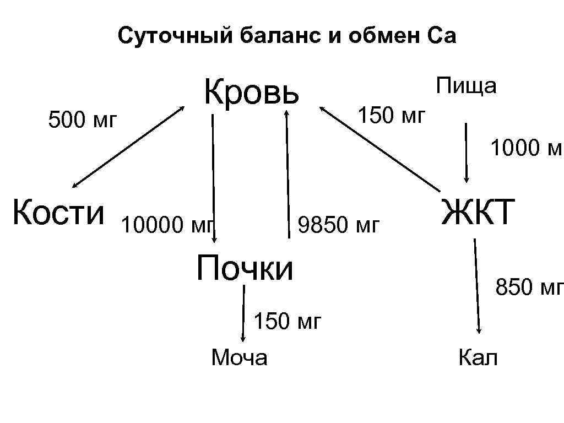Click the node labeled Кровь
click(x=252, y=92)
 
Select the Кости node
click(x=58, y=212)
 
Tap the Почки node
click(x=245, y=267)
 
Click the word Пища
click(x=467, y=86)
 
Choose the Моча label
click(x=240, y=357)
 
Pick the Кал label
click(x=478, y=357)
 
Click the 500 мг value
click(x=83, y=120)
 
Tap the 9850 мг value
click(x=338, y=225)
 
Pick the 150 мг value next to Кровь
click(x=392, y=116)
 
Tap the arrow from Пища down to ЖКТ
click(x=467, y=152)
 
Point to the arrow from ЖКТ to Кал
click(x=477, y=286)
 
